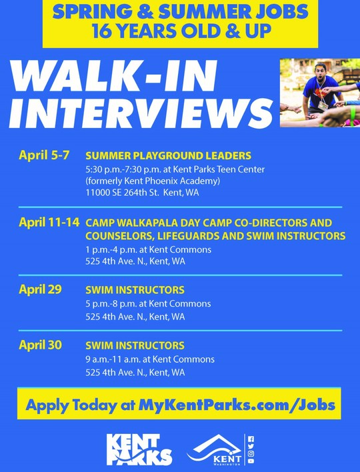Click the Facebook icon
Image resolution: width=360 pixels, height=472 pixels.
pyautogui.click(x=251, y=439)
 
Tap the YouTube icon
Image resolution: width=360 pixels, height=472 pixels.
pyautogui.click(x=251, y=461)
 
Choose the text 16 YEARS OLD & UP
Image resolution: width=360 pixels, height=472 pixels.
pyautogui.click(x=180, y=31)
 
